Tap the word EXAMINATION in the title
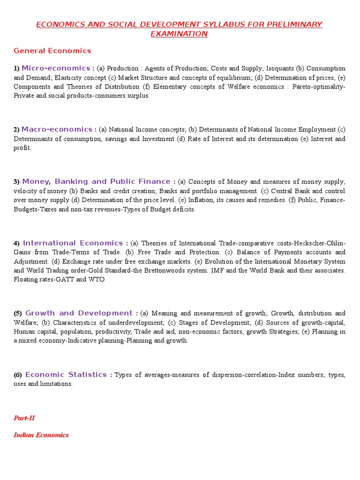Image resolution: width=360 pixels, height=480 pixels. coord(179,34)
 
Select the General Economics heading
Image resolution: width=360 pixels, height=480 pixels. coord(52,51)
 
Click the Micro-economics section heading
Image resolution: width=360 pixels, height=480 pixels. coord(56,68)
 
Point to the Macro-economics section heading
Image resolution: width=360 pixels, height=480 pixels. coord(57,129)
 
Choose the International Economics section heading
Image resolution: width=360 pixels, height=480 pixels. coord(73,243)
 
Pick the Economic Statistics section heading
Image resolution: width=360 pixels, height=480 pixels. coord(66,375)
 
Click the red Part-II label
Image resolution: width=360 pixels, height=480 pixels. coord(24,418)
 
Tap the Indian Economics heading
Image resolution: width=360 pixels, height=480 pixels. coord(41,435)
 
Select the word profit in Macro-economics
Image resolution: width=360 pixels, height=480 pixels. coord(22,148)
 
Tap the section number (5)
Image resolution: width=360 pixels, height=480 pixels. coord(18,314)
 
